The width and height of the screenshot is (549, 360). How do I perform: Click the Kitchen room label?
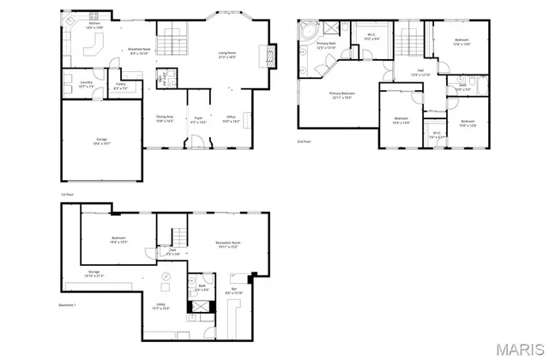click(x=94, y=25)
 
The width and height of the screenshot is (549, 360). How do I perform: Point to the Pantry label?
click(x=121, y=85)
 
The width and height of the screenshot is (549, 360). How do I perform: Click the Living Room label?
click(x=226, y=55)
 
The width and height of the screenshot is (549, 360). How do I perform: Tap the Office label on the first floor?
click(x=232, y=118)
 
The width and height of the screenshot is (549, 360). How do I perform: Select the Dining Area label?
click(x=165, y=118)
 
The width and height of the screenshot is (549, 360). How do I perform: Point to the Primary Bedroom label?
click(x=342, y=94)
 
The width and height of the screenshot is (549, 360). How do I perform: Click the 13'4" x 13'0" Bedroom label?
click(x=461, y=42)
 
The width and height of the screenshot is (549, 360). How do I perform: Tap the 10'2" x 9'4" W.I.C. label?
click(x=371, y=39)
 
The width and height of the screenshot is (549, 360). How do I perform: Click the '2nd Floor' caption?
click(x=305, y=141)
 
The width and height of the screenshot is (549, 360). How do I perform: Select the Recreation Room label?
click(x=227, y=244)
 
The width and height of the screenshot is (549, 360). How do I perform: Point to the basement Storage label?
click(x=94, y=275)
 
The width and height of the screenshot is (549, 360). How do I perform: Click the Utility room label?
click(x=160, y=306)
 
